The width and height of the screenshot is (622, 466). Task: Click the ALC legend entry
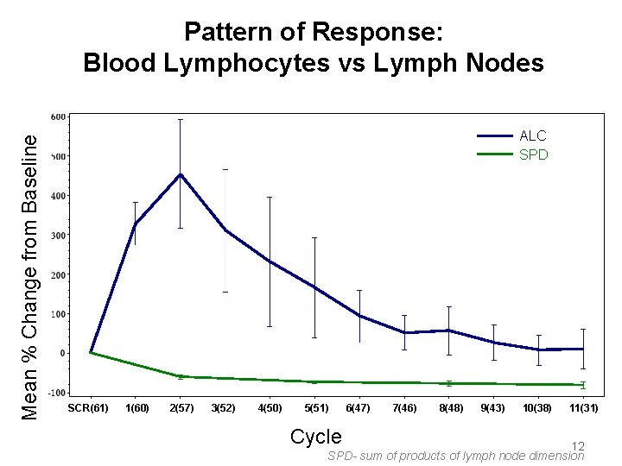[532, 135]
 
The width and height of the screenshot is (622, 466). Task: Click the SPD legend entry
[533, 155]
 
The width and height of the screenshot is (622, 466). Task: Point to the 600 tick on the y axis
[58, 116]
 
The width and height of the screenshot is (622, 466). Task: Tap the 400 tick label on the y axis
[58, 196]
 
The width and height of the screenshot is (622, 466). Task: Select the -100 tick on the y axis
[56, 393]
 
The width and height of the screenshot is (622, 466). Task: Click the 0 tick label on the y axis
[60, 353]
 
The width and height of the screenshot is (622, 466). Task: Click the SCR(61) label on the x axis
[88, 407]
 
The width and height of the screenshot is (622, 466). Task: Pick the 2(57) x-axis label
[181, 407]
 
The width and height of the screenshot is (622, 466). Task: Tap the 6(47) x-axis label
[359, 407]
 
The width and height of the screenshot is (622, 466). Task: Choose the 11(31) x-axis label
[584, 407]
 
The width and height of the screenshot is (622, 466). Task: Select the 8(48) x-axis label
[449, 407]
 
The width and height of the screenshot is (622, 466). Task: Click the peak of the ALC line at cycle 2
[180, 174]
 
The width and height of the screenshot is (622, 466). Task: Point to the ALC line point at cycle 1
[135, 224]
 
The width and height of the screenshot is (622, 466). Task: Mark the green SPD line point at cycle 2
[180, 376]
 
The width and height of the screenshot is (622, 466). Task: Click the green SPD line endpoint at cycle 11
[584, 385]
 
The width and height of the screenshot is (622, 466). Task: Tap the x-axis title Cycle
[315, 437]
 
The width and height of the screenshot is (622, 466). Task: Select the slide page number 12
[578, 446]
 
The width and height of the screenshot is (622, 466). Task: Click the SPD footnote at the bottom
[456, 456]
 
